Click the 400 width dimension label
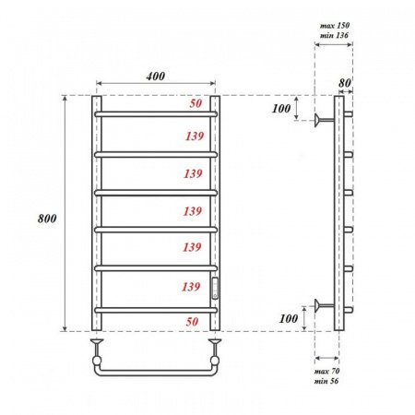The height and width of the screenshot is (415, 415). click(x=155, y=77)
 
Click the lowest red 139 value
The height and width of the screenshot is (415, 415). click(x=192, y=286)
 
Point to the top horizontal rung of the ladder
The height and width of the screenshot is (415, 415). click(x=155, y=113)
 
